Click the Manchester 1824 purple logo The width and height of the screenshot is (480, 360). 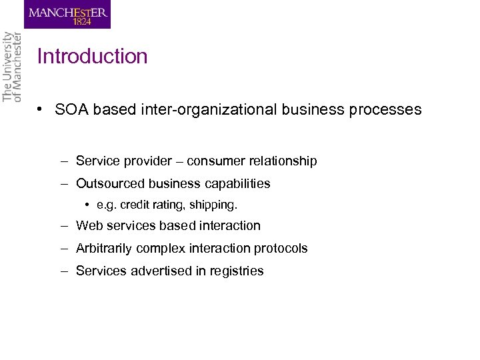pyautogui.click(x=67, y=14)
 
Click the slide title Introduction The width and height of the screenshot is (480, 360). pyautogui.click(x=92, y=57)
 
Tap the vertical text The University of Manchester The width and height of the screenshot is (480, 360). pyautogui.click(x=12, y=67)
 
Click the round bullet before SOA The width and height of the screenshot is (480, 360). pyautogui.click(x=41, y=109)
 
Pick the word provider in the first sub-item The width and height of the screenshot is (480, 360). pyautogui.click(x=136, y=161)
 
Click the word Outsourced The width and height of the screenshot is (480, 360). pyautogui.click(x=109, y=183)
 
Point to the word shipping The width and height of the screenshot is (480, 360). pyautogui.click(x=214, y=203)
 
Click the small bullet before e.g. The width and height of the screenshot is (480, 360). pyautogui.click(x=89, y=203)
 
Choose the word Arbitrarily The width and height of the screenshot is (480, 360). pyautogui.click(x=104, y=249)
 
